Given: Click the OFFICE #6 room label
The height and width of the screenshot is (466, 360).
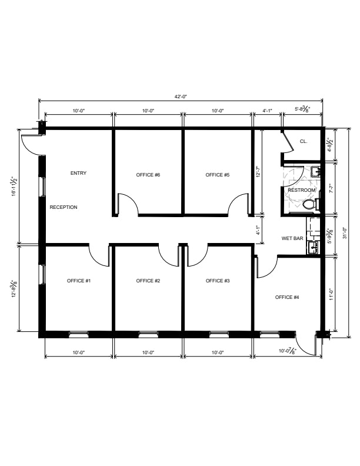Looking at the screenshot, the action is pyautogui.click(x=148, y=175).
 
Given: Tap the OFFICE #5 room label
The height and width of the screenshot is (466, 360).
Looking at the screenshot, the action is pyautogui.click(x=218, y=175).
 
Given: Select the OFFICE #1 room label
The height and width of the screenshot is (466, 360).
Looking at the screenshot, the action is pyautogui.click(x=79, y=281).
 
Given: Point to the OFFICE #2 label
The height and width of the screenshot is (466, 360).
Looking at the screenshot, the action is pyautogui.click(x=148, y=281).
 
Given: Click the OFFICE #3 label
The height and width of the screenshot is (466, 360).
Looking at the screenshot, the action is pyautogui.click(x=218, y=281).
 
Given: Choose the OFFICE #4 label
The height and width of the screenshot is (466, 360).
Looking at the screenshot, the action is pyautogui.click(x=287, y=297).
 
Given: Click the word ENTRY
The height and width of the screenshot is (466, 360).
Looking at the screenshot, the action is pyautogui.click(x=78, y=173).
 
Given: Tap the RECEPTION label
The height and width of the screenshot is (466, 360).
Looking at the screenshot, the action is pyautogui.click(x=64, y=207).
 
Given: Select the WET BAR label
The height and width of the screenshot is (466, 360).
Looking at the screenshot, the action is pyautogui.click(x=292, y=238).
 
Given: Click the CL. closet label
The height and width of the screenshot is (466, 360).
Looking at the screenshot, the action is pyautogui.click(x=304, y=141).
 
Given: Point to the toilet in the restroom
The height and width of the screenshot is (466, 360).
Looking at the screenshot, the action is pyautogui.click(x=311, y=204).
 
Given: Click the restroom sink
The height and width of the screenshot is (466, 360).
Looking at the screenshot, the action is pyautogui.click(x=315, y=172).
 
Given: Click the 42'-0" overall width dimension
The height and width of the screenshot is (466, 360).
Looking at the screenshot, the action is pyautogui.click(x=181, y=96).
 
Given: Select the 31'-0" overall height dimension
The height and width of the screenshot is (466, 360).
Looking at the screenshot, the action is pyautogui.click(x=345, y=233).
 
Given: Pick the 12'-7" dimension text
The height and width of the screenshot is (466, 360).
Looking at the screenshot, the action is pyautogui.click(x=259, y=172).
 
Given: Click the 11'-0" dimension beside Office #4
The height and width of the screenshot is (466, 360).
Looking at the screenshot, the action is pyautogui.click(x=332, y=295).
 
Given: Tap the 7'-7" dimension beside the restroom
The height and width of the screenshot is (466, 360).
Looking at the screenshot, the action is pyautogui.click(x=332, y=188).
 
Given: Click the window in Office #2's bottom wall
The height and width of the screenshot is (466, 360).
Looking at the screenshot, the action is pyautogui.click(x=148, y=334).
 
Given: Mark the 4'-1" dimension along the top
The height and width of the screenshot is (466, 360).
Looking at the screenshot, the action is pyautogui.click(x=267, y=111).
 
